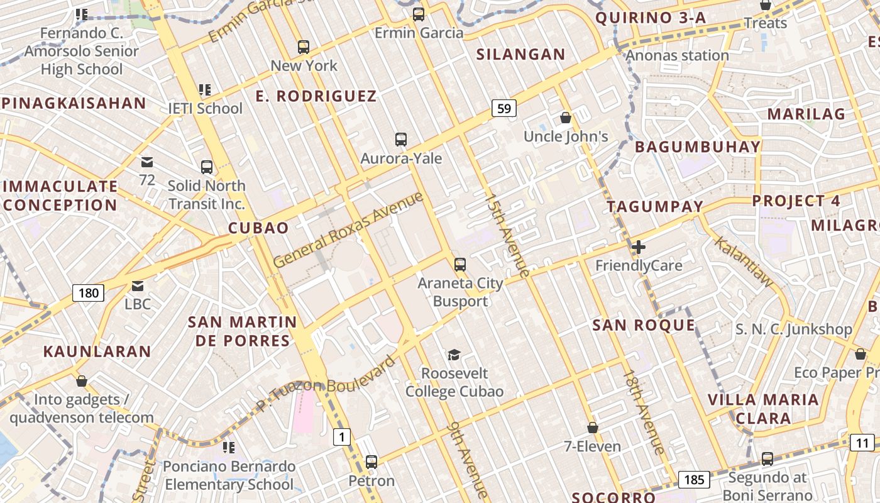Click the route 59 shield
tap(503, 109)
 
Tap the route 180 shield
tap(89, 292)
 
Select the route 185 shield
tap(694, 480)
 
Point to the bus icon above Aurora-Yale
tap(400, 140)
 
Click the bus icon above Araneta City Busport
tap(460, 265)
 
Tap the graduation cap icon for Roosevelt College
tap(454, 355)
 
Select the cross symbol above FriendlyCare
tap(639, 247)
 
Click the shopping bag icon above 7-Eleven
tap(592, 428)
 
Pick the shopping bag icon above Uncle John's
tap(566, 118)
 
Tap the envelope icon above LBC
tap(138, 287)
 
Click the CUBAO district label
tap(258, 228)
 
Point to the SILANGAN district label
tap(520, 55)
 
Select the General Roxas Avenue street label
tap(348, 230)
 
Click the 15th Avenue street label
tap(507, 235)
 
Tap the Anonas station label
tap(677, 55)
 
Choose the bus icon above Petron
tap(371, 462)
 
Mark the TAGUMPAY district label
tap(655, 206)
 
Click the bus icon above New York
tap(304, 47)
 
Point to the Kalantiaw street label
tap(744, 262)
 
